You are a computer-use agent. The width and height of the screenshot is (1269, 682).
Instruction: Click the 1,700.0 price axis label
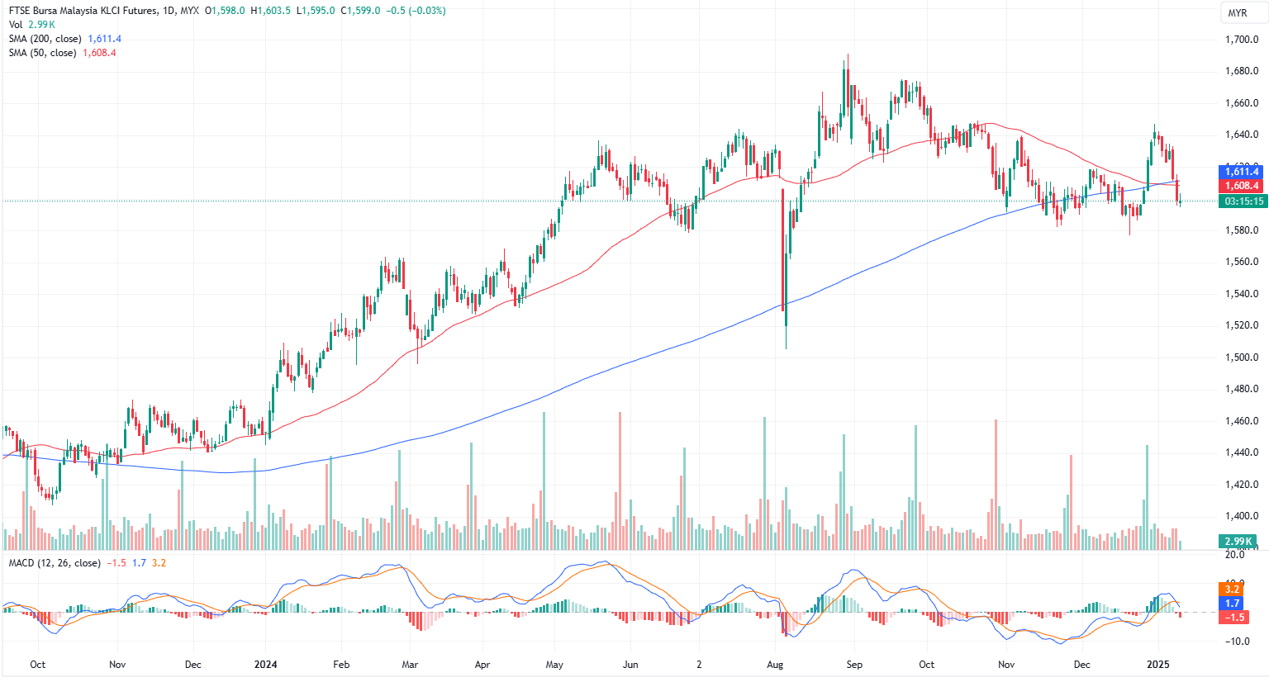1241,40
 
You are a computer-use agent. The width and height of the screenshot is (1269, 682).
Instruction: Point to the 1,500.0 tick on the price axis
1241,358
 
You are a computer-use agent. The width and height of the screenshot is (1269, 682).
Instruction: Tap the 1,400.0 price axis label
1241,516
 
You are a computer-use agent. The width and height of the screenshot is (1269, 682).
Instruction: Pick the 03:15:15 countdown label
1243,201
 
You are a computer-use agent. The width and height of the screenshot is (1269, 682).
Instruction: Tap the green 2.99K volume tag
1238,542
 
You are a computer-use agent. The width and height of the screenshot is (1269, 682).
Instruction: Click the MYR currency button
1238,12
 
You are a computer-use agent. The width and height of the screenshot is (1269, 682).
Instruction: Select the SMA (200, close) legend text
45,39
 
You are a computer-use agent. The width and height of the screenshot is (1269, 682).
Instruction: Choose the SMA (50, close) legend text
42,53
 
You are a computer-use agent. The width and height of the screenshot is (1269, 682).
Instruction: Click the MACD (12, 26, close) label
55,563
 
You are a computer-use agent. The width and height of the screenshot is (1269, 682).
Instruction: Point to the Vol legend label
16,25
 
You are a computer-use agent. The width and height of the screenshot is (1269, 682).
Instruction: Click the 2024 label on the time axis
265,665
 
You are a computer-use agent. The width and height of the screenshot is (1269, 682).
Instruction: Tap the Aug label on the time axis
775,665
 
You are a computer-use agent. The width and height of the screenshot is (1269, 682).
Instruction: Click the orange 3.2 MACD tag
1232,589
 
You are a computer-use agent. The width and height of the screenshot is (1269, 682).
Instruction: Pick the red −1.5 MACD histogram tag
1233,618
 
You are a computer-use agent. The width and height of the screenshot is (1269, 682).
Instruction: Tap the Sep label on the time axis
854,665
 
